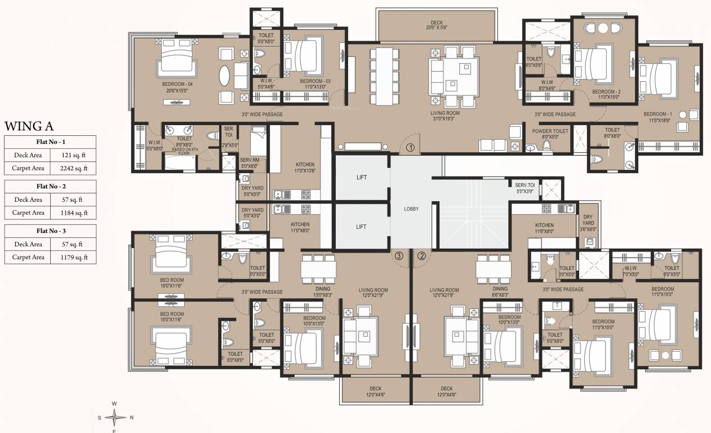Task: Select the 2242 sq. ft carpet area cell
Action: tap(72, 168)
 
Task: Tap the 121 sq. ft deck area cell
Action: tap(72, 154)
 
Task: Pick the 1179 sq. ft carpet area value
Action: tap(72, 257)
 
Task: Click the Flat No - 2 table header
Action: tap(50, 185)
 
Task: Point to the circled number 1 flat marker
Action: tap(410, 148)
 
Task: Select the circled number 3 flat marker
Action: tap(399, 255)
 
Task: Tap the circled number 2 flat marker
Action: tap(421, 255)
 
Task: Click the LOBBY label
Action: tap(411, 209)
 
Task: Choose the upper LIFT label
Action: tap(361, 178)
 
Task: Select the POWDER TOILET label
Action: tap(550, 133)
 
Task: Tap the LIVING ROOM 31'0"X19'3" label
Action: tap(445, 116)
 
